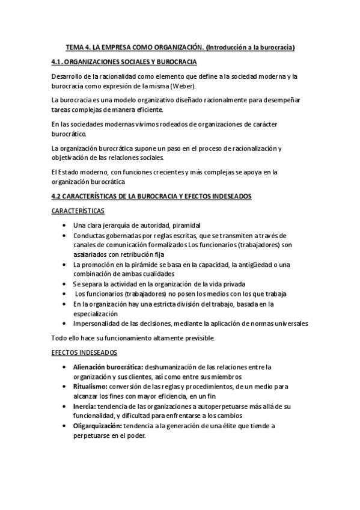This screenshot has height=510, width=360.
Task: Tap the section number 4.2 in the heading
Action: click(58, 196)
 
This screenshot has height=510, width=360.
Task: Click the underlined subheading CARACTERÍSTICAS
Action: click(78, 210)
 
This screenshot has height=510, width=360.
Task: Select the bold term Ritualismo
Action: click(89, 386)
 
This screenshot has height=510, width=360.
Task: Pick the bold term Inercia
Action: click(84, 406)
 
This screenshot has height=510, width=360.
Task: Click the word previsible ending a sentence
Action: click(200, 337)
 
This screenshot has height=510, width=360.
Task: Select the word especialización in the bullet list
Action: click(96, 313)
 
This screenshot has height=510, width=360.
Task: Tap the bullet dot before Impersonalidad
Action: click(65, 323)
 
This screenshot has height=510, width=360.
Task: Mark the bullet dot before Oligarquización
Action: click(65, 426)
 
